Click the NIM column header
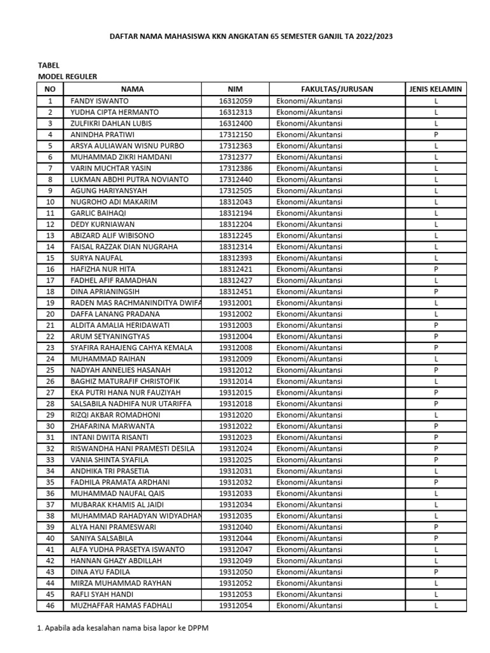click(x=235, y=89)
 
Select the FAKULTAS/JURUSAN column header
click(x=337, y=89)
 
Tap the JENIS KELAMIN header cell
click(x=436, y=89)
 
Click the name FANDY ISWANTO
click(x=100, y=101)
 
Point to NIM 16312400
click(x=235, y=123)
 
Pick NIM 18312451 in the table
click(x=235, y=291)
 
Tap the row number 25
click(x=50, y=370)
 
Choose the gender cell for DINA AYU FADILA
click(x=436, y=572)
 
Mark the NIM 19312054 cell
click(x=235, y=605)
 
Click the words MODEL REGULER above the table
click(x=68, y=77)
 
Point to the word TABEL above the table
click(x=49, y=65)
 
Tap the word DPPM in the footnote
click(x=198, y=628)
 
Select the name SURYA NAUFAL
click(x=97, y=258)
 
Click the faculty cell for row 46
click(x=309, y=605)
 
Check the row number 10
click(x=50, y=202)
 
